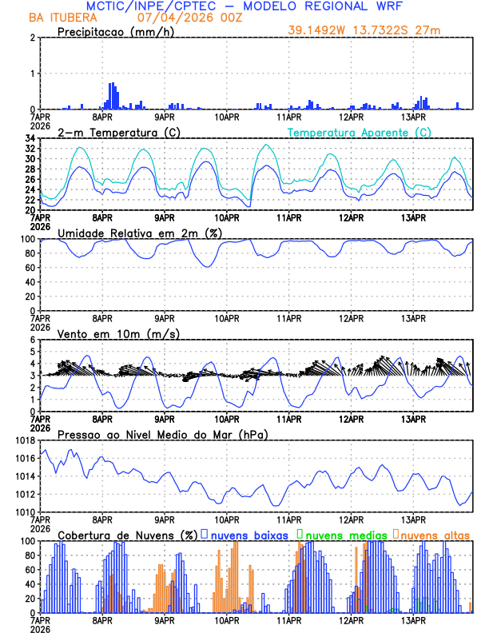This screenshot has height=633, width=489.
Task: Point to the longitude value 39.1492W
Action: [x=320, y=30]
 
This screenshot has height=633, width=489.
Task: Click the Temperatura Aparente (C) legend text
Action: [x=359, y=132]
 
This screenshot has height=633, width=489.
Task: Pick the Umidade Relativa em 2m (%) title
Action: [x=140, y=233]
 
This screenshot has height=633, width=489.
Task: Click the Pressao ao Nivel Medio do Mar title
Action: [x=162, y=434]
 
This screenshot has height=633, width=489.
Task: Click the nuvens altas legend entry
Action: [x=434, y=535]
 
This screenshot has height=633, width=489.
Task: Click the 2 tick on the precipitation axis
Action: [x=33, y=38]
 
